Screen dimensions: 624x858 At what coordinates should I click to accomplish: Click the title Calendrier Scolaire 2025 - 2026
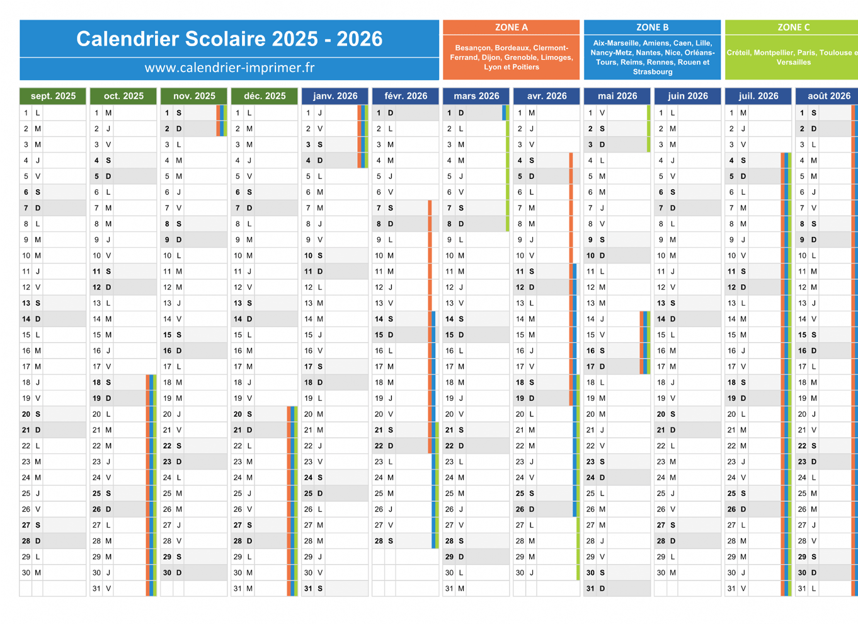click(229, 39)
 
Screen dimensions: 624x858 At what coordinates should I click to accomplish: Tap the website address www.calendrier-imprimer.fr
click(229, 67)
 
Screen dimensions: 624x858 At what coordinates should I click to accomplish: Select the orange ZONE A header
click(511, 27)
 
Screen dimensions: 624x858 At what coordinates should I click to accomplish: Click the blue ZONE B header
click(652, 27)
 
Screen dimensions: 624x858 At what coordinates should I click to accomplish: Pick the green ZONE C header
click(793, 27)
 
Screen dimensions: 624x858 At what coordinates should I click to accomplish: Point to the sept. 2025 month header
click(53, 96)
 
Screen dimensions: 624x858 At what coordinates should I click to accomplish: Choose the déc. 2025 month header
click(265, 96)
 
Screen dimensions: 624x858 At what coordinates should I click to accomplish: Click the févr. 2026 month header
click(406, 96)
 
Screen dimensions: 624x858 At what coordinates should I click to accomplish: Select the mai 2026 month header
click(617, 96)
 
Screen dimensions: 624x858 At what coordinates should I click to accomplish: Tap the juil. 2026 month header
click(758, 96)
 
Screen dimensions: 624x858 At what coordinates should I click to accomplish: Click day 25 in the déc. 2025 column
click(238, 494)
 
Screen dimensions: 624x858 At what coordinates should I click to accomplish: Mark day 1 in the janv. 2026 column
click(309, 113)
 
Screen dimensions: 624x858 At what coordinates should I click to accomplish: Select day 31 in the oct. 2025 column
click(97, 589)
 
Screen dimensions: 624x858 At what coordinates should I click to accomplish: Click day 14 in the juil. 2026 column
click(732, 319)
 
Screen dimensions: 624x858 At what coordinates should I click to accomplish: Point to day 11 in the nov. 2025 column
click(168, 272)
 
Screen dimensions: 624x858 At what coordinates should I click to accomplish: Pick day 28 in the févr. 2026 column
click(379, 541)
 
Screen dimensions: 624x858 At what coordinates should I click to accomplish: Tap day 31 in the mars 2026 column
click(450, 589)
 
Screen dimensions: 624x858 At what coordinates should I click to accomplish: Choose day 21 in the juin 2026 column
click(661, 430)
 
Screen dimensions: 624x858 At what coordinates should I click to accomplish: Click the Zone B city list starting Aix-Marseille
click(652, 57)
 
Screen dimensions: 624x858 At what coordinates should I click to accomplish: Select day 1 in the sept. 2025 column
click(26, 113)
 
